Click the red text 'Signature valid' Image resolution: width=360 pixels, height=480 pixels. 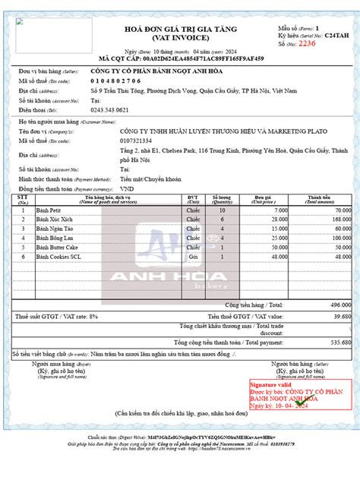tap(270, 386)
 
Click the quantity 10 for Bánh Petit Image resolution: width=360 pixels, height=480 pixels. tap(222, 210)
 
